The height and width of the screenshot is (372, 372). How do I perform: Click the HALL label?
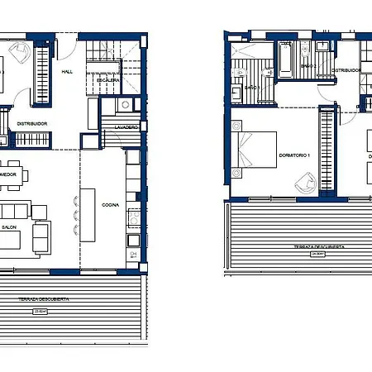coord(68,72)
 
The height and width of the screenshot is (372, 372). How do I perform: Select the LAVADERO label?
coord(126,127)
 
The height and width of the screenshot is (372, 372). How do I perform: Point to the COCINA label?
coord(111,204)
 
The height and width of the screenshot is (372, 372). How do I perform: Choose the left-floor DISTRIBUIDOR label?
coord(32,124)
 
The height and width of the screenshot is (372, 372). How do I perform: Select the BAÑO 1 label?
coord(253,87)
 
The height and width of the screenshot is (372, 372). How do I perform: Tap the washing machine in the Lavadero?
coord(124,105)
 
